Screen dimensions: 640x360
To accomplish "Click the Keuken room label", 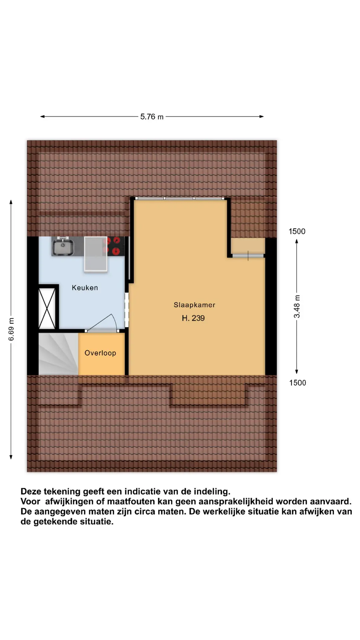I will click(85, 288).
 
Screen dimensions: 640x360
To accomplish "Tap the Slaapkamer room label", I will click(194, 305).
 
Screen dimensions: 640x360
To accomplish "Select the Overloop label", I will click(100, 353).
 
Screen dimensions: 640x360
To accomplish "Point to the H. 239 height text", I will click(193, 318).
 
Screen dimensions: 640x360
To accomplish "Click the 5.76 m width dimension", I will click(152, 117).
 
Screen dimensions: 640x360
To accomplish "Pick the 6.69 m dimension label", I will click(11, 329).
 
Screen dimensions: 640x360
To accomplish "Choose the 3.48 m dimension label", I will click(297, 306).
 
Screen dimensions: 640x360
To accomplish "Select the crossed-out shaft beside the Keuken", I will click(47, 309).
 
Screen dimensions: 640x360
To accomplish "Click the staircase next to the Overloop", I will click(58, 354).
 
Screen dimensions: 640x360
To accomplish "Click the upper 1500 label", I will click(297, 231).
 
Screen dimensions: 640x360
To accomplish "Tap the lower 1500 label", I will click(297, 383).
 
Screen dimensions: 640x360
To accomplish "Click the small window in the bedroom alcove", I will click(248, 256).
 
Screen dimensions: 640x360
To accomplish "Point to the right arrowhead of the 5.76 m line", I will click(262, 117).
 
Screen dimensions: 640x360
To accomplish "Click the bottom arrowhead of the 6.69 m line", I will click(11, 457).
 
